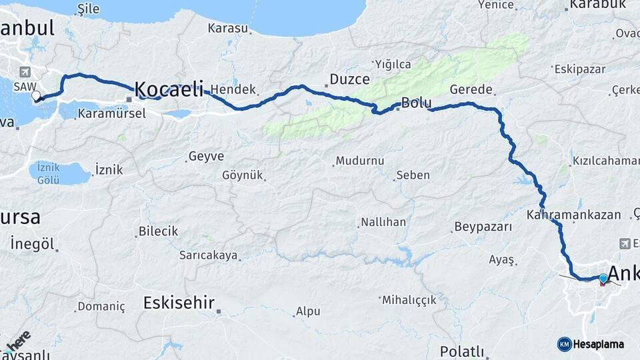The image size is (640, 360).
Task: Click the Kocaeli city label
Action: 169,89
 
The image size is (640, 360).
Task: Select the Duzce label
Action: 350,79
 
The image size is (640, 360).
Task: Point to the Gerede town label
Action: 471,89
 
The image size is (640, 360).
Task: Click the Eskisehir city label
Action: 179,303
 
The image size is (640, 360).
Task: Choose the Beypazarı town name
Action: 483,227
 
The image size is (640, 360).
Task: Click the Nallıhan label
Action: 383,222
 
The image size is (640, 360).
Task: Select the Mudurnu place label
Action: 360,161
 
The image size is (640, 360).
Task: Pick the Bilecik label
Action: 158,231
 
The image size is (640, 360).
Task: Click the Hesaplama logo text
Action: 598,344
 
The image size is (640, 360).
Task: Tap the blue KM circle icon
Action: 565,344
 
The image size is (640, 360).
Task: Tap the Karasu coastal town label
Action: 228,29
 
